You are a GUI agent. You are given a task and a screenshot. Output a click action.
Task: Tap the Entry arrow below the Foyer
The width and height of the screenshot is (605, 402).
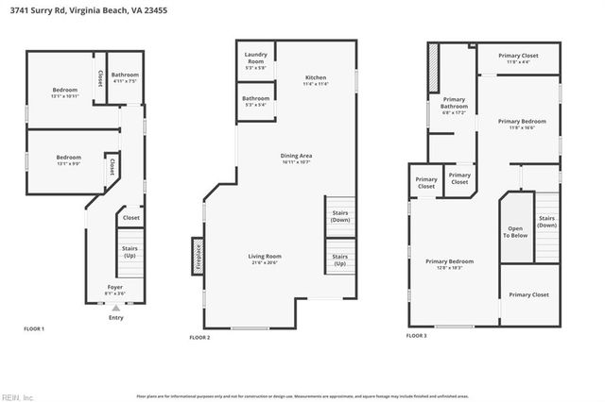click(x=115, y=308)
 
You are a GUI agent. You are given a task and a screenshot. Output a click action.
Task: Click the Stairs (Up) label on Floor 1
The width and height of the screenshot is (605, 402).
click(x=130, y=253)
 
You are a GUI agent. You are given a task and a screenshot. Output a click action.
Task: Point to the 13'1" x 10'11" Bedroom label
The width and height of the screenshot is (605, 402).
click(x=65, y=92)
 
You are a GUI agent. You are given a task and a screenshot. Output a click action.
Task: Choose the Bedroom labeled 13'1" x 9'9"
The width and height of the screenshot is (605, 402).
click(x=68, y=160)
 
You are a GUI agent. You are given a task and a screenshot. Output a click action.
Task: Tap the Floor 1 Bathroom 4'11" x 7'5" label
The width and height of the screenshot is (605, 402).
click(x=125, y=77)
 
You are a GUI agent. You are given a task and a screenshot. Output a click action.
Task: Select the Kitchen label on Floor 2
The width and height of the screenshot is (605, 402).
click(x=315, y=80)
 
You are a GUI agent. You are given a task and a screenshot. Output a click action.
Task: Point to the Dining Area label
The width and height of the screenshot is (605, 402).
click(x=296, y=158)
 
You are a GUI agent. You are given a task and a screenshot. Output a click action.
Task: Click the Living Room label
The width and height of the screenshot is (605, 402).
click(x=265, y=259)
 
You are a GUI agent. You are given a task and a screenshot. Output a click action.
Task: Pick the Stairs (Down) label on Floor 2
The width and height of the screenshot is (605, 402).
click(x=339, y=216)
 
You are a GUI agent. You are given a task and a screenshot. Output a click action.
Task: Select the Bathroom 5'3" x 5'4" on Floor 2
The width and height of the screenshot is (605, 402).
click(x=255, y=101)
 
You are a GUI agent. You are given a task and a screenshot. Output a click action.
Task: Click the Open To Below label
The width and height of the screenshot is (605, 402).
click(x=515, y=231)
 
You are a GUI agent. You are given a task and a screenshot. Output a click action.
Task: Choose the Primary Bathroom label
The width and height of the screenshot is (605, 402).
click(x=454, y=106)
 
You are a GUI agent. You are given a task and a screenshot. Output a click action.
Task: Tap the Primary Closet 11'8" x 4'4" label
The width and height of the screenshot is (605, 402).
click(x=518, y=59)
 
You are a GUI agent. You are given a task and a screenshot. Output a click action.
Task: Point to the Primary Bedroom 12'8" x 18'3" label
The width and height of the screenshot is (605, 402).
click(x=449, y=264)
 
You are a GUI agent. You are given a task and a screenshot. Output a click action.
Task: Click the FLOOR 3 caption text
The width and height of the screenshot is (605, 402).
click(x=416, y=335)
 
